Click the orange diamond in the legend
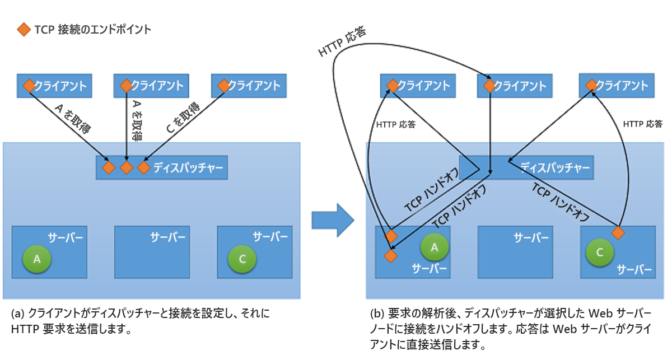23,30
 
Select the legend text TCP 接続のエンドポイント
92,30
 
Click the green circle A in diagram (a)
37,259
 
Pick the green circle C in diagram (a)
242,259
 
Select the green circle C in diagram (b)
600,253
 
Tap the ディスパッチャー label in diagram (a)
189,167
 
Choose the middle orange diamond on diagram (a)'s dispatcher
127,167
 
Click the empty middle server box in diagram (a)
152,252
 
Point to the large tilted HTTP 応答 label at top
342,43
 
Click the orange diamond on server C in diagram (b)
618,232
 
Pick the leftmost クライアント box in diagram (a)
54,86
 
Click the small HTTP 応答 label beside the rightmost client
642,124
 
